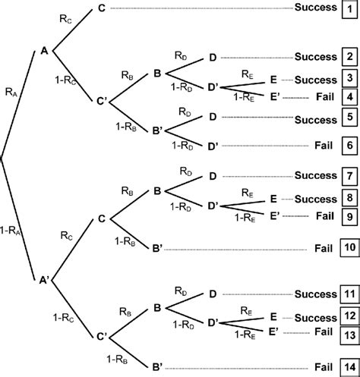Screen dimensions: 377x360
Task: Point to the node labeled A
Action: pyautogui.click(x=44, y=52)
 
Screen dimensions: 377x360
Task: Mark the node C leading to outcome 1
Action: pyautogui.click(x=100, y=9)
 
